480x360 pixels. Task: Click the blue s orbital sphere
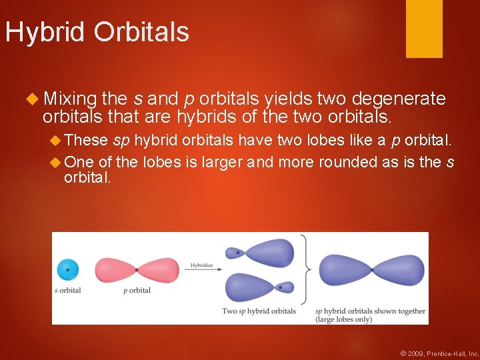pos(67,269)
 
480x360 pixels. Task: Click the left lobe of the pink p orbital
pos(115,270)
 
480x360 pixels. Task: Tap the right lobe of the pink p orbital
pos(159,270)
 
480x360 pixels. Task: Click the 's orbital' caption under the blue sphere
pos(67,291)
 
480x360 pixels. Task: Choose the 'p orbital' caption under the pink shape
pos(137,291)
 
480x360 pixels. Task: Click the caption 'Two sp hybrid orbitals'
pos(259,311)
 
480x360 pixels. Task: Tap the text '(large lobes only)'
pos(344,319)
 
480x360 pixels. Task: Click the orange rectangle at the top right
pos(424,29)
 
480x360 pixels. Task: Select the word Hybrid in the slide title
pos(46,32)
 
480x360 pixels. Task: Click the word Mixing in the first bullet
pos(70,99)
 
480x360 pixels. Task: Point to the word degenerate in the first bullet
pos(399,99)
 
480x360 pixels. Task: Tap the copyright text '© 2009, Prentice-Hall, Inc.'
pos(439,353)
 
